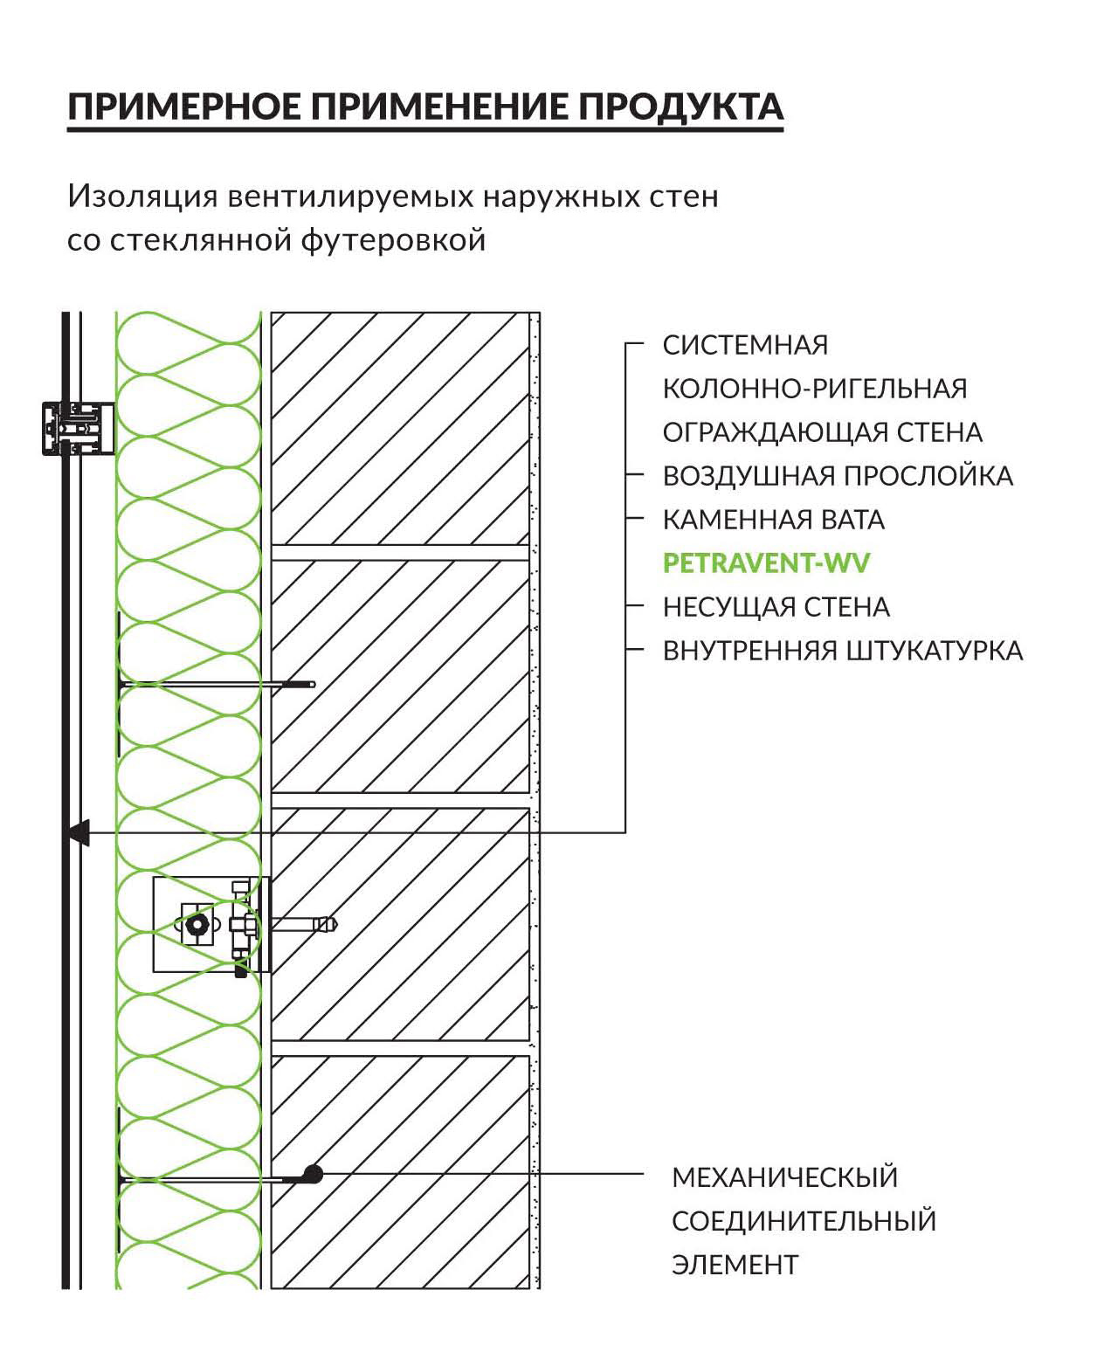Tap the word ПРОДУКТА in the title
pyautogui.click(x=680, y=107)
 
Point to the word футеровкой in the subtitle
pyautogui.click(x=394, y=241)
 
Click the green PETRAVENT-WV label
pyautogui.click(x=766, y=563)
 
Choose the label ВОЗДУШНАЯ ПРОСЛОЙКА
pyautogui.click(x=838, y=476)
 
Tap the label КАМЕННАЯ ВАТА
pyautogui.click(x=773, y=520)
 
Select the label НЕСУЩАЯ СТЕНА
pyautogui.click(x=776, y=608)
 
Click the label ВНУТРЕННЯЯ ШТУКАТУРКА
pyautogui.click(x=843, y=652)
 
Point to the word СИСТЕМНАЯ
pyautogui.click(x=745, y=345)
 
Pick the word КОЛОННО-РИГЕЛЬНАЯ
pyautogui.click(x=815, y=390)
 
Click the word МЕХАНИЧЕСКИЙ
pyautogui.click(x=784, y=1177)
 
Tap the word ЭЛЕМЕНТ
pyautogui.click(x=735, y=1265)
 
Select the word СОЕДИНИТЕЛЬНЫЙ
pyautogui.click(x=804, y=1221)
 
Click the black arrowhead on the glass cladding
pyautogui.click(x=79, y=833)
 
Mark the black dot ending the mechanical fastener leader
pyautogui.click(x=313, y=1175)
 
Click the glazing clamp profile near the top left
pyautogui.click(x=78, y=429)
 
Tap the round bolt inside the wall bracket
pyautogui.click(x=198, y=924)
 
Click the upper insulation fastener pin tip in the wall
pyautogui.click(x=310, y=685)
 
